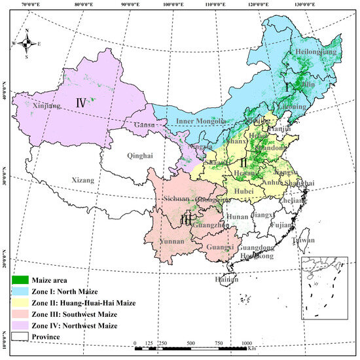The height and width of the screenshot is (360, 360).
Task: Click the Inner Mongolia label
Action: (x=202, y=122)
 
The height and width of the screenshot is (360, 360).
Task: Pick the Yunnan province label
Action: (x=172, y=241)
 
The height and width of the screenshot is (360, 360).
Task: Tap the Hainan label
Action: (x=226, y=279)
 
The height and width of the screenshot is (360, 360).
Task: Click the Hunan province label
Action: (x=237, y=217)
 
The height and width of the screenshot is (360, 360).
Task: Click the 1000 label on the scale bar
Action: (x=246, y=344)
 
